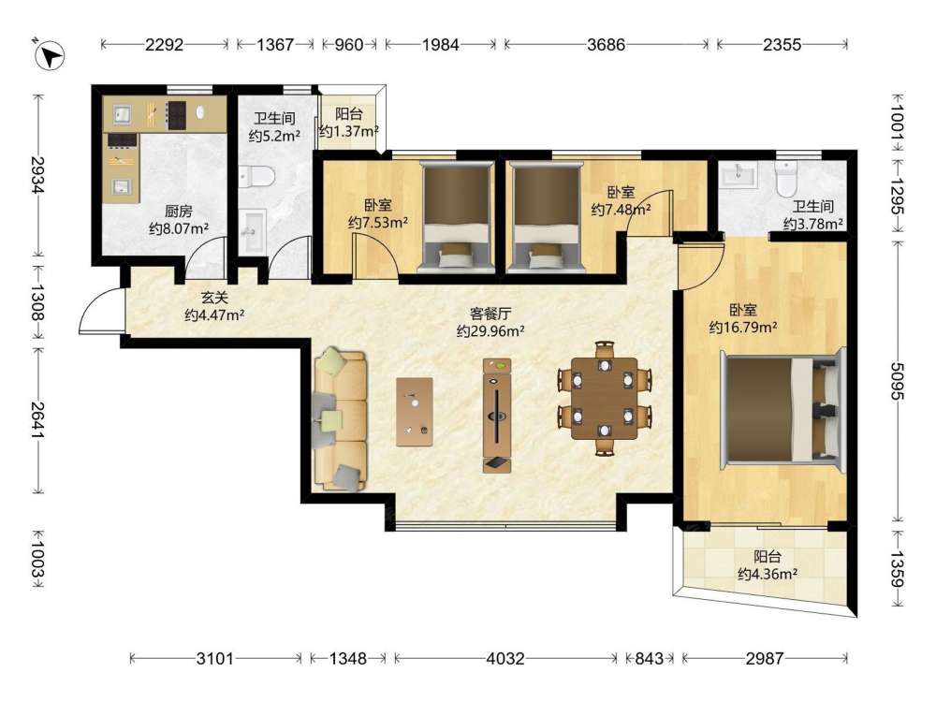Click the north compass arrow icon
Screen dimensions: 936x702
(50, 54)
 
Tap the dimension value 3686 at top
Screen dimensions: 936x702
(606, 45)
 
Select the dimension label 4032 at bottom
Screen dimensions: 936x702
(505, 658)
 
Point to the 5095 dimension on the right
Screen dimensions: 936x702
(898, 381)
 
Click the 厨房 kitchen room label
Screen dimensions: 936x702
(179, 211)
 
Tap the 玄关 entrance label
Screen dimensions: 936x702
(213, 297)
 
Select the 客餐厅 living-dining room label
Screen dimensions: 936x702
(490, 314)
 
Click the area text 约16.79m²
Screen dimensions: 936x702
(743, 327)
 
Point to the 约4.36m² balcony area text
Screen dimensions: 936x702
(768, 574)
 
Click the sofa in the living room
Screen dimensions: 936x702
(339, 420)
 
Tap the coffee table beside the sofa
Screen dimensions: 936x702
(415, 411)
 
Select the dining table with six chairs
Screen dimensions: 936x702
(605, 398)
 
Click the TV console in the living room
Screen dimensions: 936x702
(497, 416)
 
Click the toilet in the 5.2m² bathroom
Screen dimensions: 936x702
(256, 177)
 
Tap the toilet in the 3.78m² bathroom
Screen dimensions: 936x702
(786, 177)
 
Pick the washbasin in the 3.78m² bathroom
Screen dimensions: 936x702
(739, 174)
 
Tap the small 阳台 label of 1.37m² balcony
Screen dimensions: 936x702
(348, 114)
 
